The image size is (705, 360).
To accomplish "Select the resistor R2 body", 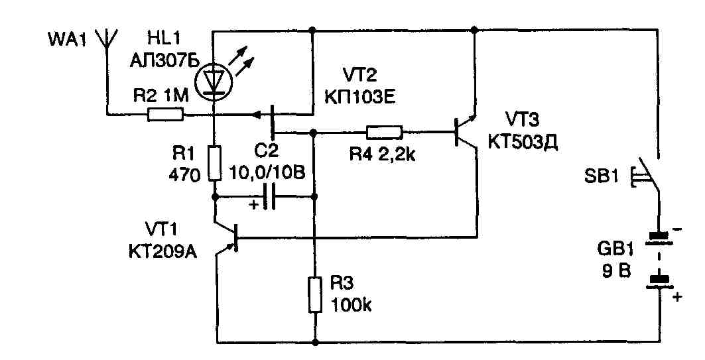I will (x=164, y=115).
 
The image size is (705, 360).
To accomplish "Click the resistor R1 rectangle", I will (x=214, y=164).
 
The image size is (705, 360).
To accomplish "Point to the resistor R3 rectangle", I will (x=314, y=295).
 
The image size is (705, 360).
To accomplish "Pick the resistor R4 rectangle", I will (x=384, y=132).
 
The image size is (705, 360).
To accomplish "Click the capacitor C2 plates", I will (x=269, y=197).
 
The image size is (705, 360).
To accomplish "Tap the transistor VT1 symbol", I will (x=229, y=239).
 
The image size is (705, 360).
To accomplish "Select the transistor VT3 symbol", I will (x=464, y=131).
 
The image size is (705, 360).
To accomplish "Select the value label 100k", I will (x=352, y=306).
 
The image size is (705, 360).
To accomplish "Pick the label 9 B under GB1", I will (x=617, y=271).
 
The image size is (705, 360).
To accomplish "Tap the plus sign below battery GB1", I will (x=676, y=298).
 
